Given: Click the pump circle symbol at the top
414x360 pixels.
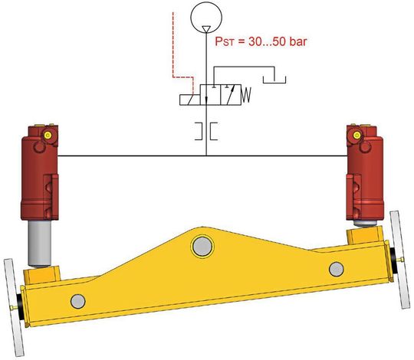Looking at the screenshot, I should point(206,16).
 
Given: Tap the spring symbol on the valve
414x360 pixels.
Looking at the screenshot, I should point(246,96).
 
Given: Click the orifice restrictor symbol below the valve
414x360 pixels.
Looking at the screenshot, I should point(206,130).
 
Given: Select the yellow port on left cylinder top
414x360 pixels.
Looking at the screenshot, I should point(48,134).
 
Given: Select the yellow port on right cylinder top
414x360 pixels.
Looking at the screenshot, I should point(354,135).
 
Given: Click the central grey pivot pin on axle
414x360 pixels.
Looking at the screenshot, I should point(202,246).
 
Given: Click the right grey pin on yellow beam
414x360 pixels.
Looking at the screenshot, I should point(336,268).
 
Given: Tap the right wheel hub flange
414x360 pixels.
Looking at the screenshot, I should point(398,260).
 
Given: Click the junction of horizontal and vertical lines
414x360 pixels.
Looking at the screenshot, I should point(206,155).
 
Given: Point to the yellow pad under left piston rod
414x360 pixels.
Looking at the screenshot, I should point(42,272).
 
